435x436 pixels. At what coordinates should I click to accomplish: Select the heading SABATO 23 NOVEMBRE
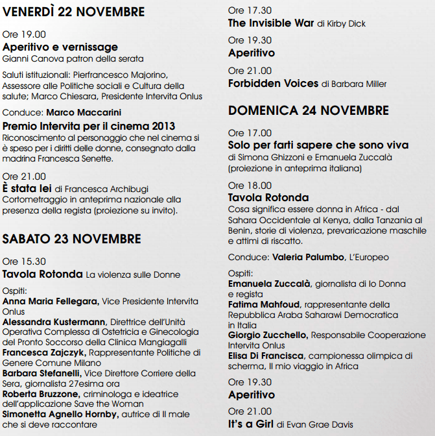[71, 239]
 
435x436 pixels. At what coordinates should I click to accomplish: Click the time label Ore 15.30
[24, 261]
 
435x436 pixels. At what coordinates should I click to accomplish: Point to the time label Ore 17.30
[250, 11]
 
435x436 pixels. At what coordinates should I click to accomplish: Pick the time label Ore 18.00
[250, 185]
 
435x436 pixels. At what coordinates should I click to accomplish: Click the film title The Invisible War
[271, 23]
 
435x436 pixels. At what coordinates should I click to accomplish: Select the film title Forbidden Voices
[273, 83]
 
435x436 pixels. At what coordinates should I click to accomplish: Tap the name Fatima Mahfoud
[265, 304]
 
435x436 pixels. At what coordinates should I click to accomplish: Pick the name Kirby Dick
[350, 24]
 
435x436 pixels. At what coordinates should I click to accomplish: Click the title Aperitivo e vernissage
[60, 47]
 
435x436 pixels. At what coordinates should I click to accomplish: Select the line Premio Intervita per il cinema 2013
[89, 126]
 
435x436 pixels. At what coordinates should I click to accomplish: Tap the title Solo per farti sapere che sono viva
[317, 145]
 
